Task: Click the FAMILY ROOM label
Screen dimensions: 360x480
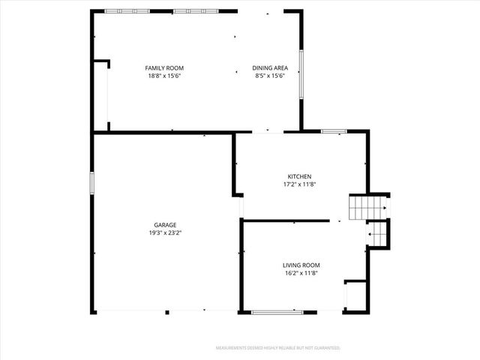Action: click(164, 68)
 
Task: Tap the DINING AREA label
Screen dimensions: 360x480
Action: click(270, 68)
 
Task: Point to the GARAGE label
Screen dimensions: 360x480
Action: click(165, 225)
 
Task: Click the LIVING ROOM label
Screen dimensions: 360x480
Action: click(301, 265)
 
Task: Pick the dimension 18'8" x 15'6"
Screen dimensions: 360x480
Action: click(164, 76)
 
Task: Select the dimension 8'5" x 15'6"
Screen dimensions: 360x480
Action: click(270, 76)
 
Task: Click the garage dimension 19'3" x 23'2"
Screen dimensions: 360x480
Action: click(165, 232)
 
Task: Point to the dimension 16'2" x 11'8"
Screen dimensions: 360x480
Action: click(301, 273)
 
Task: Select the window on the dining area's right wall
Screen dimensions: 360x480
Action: click(302, 73)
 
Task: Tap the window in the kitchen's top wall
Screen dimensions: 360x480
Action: click(333, 131)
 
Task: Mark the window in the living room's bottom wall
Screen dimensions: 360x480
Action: click(277, 311)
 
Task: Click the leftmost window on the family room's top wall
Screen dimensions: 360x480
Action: click(122, 11)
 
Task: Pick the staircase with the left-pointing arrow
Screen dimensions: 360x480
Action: click(377, 234)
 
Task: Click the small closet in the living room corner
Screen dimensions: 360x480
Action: click(354, 295)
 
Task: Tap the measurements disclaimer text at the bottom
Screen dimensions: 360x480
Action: click(278, 348)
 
